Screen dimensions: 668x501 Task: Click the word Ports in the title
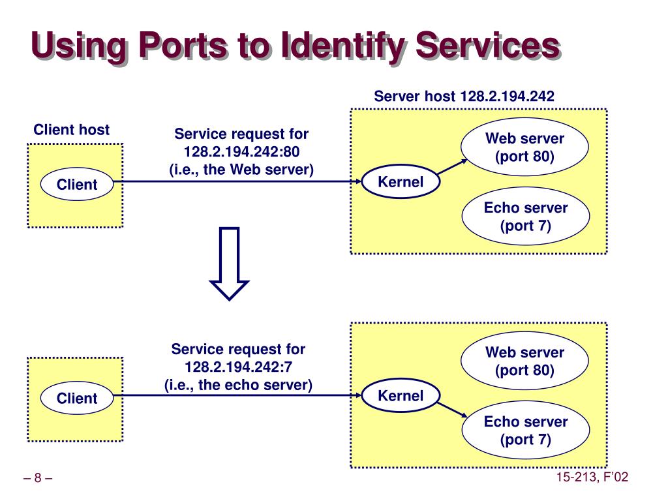coord(183,45)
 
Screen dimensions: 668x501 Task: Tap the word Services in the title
coord(487,45)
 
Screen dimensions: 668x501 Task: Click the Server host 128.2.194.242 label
coord(464,97)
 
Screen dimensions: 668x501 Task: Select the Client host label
coord(72,130)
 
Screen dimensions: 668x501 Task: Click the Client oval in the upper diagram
coord(77,184)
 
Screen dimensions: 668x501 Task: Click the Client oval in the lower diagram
coord(77,398)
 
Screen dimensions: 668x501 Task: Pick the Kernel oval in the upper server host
coord(401,181)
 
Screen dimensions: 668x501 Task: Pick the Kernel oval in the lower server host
coord(401,395)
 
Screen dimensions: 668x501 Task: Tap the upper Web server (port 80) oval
coord(524,147)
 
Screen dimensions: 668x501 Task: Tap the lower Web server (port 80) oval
coord(524,361)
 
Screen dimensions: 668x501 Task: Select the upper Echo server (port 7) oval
coord(526,217)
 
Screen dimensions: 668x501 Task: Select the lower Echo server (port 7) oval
coord(526,431)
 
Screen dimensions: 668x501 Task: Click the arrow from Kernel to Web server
coord(453,166)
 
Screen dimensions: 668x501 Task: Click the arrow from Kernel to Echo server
coord(453,410)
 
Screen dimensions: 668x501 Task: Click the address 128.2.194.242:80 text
coord(241,151)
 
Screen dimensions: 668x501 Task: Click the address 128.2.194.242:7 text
coord(238,367)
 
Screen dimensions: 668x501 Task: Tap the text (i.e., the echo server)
coord(238,385)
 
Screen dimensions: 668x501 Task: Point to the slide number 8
coord(38,478)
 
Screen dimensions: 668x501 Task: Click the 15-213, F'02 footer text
coord(592,477)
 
